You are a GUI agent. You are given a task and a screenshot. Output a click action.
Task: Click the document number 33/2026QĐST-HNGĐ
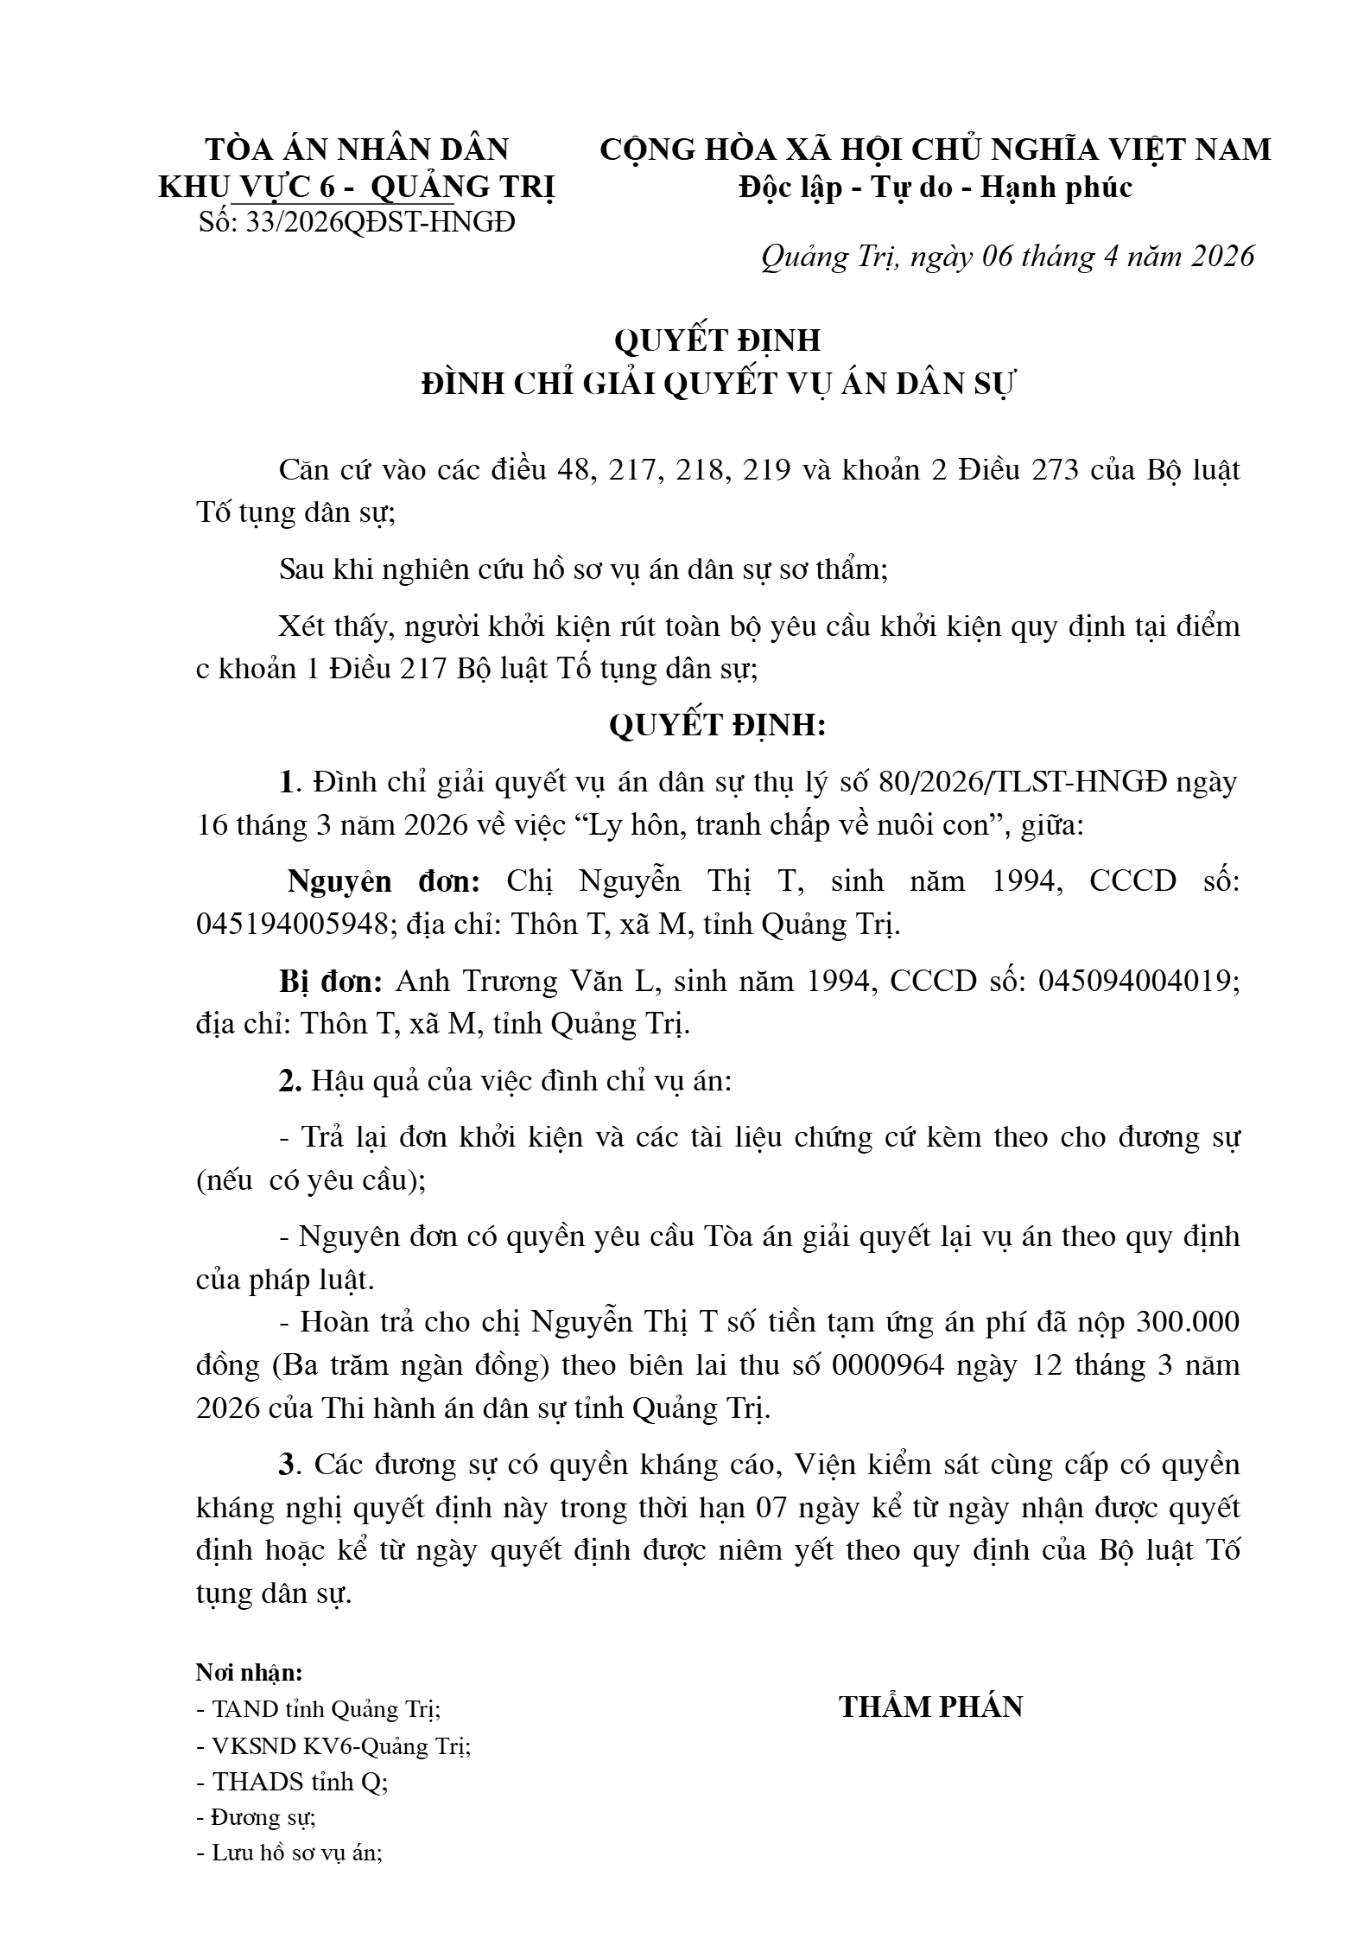(380, 223)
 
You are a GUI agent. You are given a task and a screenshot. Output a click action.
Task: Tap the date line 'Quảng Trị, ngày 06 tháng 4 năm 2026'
(1007, 257)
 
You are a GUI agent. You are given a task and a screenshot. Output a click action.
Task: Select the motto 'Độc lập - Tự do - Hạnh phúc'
(936, 188)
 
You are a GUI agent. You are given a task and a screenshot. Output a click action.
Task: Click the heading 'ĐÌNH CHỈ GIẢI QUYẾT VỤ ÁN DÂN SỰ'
(717, 384)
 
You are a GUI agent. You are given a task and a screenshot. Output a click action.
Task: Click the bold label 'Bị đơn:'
(331, 982)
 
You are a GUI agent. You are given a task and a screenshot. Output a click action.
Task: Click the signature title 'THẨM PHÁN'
(931, 1707)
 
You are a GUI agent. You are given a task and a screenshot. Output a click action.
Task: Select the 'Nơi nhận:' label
(249, 1673)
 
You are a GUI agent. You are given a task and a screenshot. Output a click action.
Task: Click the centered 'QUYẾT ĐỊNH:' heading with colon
(717, 726)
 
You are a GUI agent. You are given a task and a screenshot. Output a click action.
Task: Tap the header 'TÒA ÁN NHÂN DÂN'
(357, 149)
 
